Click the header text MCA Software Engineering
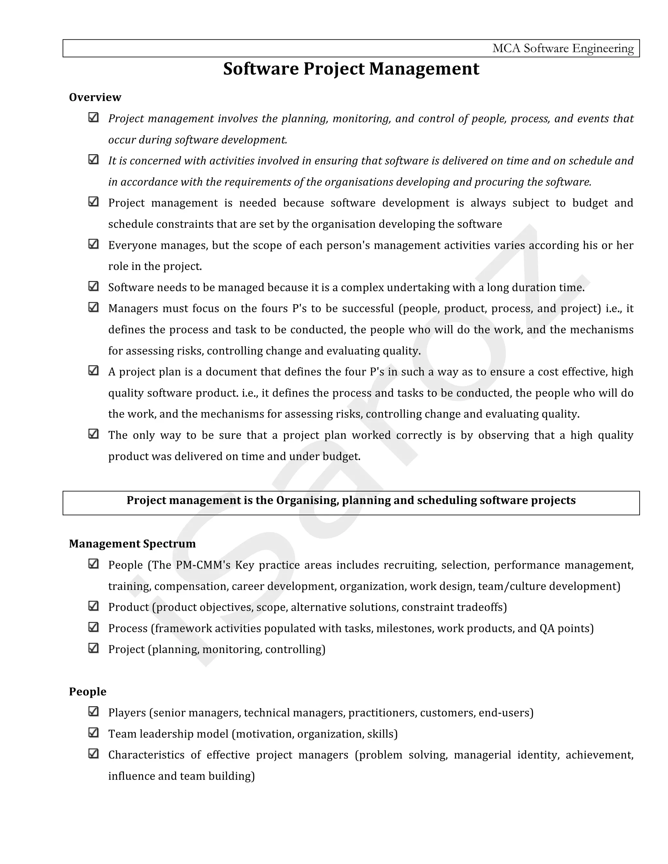[x=562, y=48]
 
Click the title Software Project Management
[x=351, y=69]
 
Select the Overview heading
[x=95, y=97]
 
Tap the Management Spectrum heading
[x=132, y=544]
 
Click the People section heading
[x=87, y=691]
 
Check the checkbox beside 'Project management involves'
[x=93, y=117]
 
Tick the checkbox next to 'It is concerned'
[x=93, y=159]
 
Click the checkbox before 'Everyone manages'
[x=93, y=244]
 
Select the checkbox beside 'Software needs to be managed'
[x=93, y=286]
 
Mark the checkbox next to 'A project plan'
[x=93, y=371]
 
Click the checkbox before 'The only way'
[x=93, y=434]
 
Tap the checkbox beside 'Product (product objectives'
[x=93, y=606]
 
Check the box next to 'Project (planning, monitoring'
[x=93, y=648]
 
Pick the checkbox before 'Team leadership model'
[x=93, y=733]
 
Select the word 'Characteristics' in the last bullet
[x=146, y=755]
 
